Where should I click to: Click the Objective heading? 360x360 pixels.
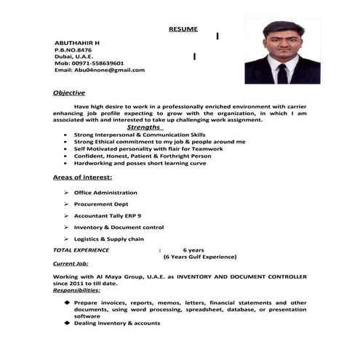click(69, 93)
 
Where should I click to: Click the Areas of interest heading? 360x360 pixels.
click(82, 177)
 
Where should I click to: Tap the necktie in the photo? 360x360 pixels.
click(281, 73)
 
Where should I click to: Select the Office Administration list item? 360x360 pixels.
click(105, 193)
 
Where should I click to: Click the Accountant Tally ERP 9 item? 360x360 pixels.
click(107, 216)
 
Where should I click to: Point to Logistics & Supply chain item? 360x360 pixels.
click(108, 239)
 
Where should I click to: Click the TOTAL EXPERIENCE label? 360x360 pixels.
click(81, 250)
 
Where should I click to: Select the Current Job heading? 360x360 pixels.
click(71, 263)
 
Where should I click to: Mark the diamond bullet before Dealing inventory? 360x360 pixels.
click(66, 322)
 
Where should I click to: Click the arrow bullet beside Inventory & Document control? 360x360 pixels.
click(65, 228)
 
